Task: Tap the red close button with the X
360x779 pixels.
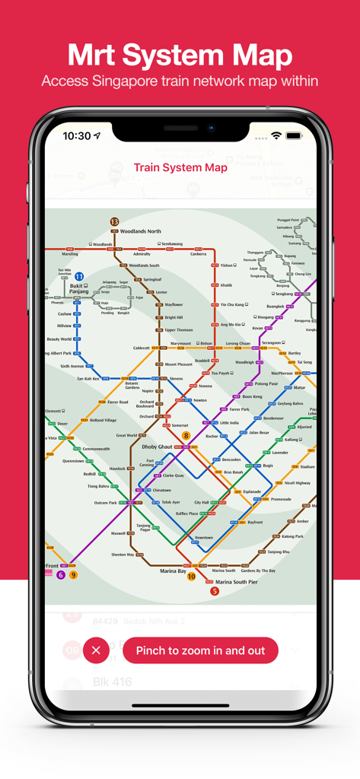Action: pos(96,650)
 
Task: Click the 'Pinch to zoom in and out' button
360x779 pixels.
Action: pos(200,650)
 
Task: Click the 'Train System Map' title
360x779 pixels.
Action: pos(180,167)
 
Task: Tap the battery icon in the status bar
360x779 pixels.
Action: pos(294,135)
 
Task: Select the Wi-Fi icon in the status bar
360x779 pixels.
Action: pos(276,135)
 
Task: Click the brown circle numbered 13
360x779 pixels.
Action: pos(114,222)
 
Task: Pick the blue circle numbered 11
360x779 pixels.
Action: pos(79,278)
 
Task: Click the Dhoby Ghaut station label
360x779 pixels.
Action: pos(157,447)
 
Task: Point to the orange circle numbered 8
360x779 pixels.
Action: pos(186,436)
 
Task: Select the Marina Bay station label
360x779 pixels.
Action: pos(173,571)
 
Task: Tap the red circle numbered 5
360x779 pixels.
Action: pos(215,591)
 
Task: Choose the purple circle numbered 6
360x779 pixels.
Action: pos(61,575)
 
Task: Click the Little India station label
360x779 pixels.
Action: pos(229,422)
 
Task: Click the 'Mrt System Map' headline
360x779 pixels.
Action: pos(180,56)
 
